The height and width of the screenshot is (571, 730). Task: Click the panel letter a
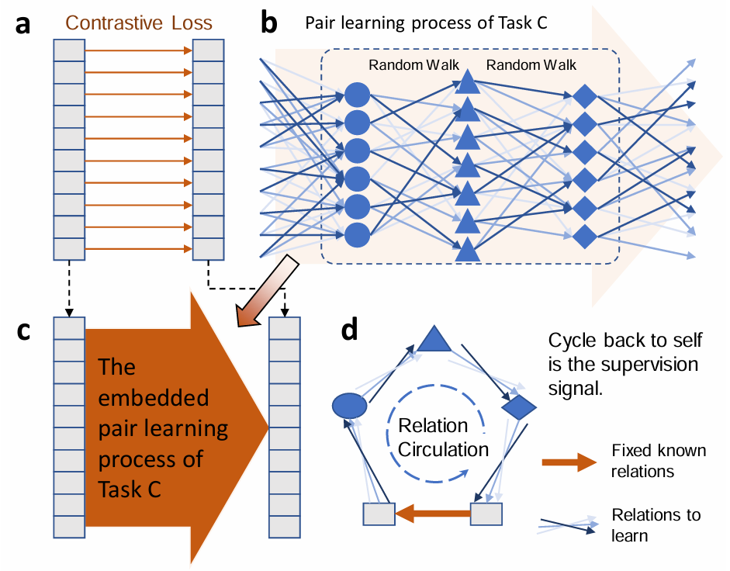pyautogui.click(x=23, y=24)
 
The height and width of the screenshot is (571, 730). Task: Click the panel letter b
pyautogui.click(x=268, y=24)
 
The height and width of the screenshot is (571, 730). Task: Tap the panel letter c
pyautogui.click(x=24, y=330)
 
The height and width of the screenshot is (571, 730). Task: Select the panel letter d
pyautogui.click(x=350, y=330)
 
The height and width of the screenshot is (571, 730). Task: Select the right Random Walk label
pyautogui.click(x=531, y=65)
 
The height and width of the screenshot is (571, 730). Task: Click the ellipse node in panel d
pyautogui.click(x=349, y=405)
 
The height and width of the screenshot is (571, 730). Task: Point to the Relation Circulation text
pyautogui.click(x=443, y=438)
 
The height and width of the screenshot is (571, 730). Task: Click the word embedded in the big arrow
pyautogui.click(x=154, y=398)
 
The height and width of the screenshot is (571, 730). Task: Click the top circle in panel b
pyautogui.click(x=357, y=95)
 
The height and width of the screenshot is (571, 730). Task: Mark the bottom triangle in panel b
pyautogui.click(x=467, y=250)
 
